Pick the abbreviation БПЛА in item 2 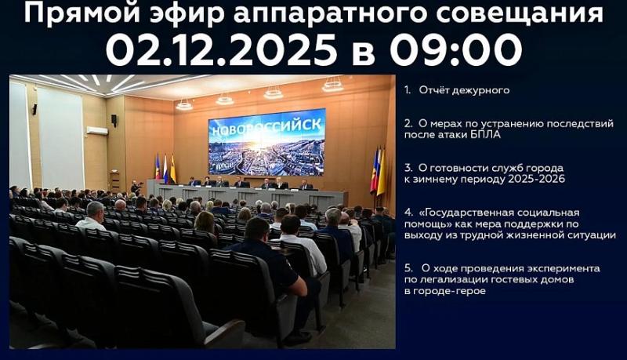(x=486, y=134)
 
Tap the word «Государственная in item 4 (x=469, y=213)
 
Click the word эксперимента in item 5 (x=562, y=268)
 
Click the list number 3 (x=408, y=168)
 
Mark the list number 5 (x=408, y=268)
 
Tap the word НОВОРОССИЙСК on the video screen (x=265, y=127)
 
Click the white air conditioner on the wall (x=96, y=130)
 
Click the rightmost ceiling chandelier (x=333, y=85)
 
